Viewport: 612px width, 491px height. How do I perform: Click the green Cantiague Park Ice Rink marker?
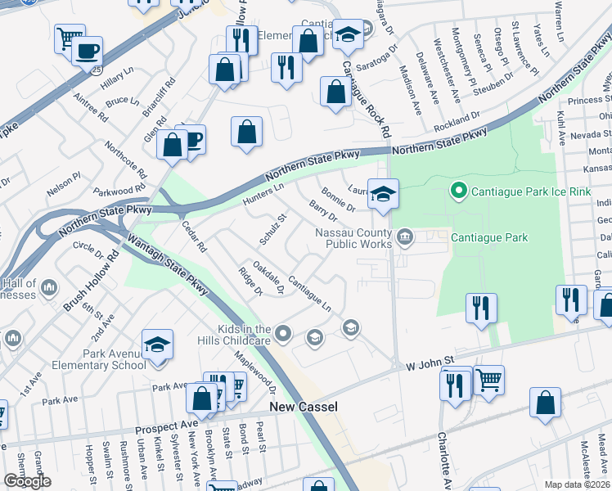459,191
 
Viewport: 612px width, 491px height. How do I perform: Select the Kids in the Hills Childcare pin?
283,333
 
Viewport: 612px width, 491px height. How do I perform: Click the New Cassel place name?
304,407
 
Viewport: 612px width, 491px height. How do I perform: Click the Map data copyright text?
578,484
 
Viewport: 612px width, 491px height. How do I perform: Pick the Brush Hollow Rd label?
91,280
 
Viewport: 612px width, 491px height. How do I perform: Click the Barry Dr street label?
323,212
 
